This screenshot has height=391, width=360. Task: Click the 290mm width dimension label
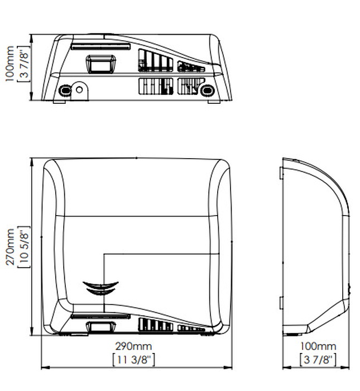tap(133, 346)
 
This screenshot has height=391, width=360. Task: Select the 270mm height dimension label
tap(10, 247)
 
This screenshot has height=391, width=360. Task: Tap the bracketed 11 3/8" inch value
tap(133, 360)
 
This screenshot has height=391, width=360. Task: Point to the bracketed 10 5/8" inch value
tap(23, 247)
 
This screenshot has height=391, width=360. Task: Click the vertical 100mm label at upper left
tap(9, 64)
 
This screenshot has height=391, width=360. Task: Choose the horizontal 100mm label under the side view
tap(318, 346)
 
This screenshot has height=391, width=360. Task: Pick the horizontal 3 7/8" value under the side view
tap(318, 360)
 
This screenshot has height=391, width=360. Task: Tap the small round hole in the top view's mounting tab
tap(79, 89)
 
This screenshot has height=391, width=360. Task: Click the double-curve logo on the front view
tap(100, 288)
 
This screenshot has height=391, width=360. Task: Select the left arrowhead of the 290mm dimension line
tap(45, 368)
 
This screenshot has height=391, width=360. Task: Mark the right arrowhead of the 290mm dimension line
tap(228, 368)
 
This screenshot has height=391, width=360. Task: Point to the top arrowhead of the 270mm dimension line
tap(32, 162)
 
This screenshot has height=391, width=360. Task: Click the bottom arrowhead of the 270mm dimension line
tap(32, 331)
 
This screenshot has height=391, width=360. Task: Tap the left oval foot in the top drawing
tap(65, 90)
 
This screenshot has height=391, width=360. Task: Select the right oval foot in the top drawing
tap(207, 90)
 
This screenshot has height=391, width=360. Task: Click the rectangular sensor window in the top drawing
tap(100, 64)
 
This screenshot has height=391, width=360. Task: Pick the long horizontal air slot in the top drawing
tap(100, 46)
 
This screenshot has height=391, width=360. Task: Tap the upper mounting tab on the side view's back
tap(281, 173)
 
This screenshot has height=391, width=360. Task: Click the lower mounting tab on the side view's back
tap(281, 303)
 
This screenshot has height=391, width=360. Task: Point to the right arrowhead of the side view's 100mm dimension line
tap(345, 368)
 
